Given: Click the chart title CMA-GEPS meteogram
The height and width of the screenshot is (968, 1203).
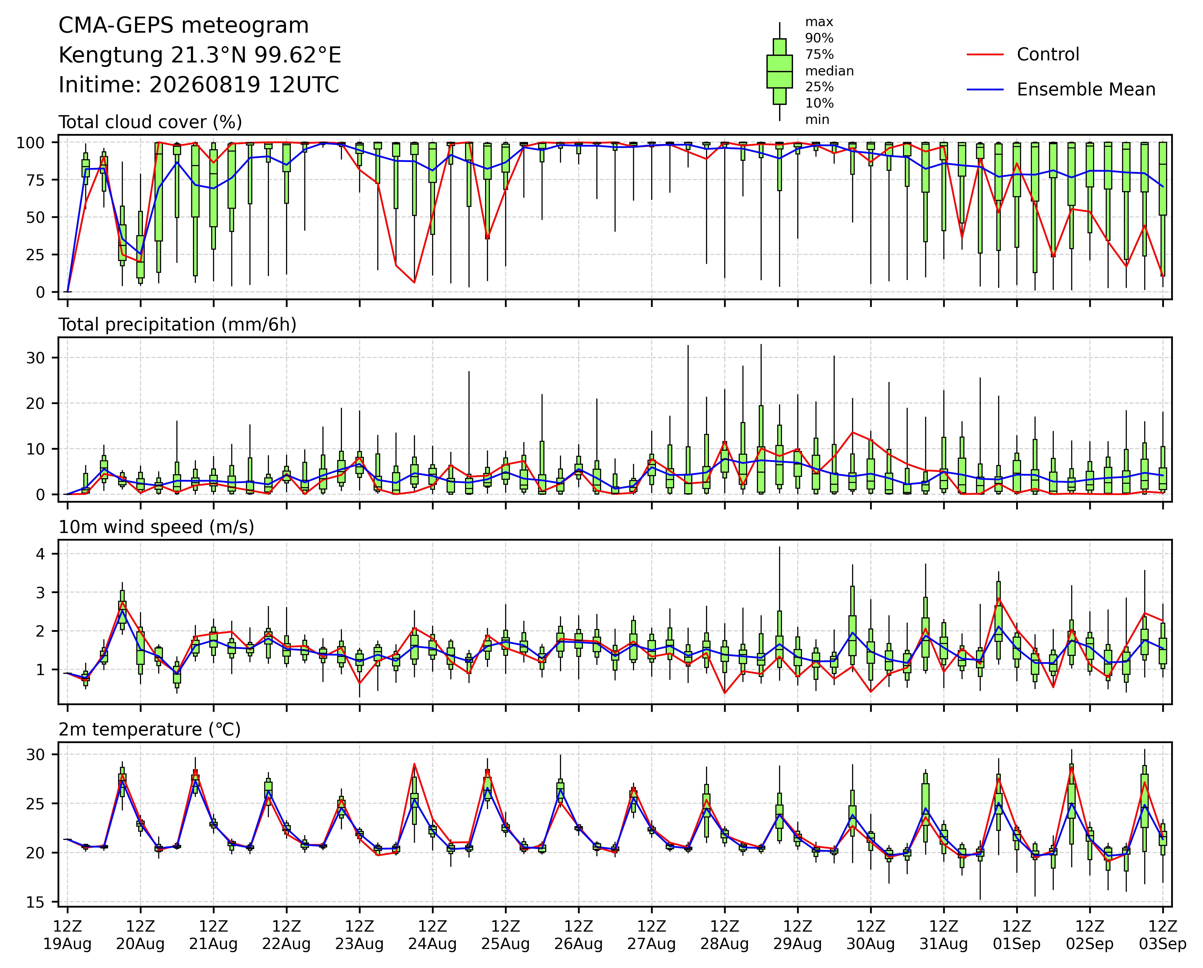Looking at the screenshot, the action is (x=183, y=26).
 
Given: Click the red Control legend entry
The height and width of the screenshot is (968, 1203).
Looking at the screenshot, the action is (x=1023, y=55).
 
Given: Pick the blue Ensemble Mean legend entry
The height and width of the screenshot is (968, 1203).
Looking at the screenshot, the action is (x=1061, y=90).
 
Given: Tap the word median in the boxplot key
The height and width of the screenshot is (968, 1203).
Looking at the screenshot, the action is (x=829, y=71).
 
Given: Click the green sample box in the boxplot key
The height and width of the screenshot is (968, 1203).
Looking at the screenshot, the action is (x=780, y=71).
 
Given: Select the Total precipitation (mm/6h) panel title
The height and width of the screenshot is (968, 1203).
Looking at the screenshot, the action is (x=177, y=325).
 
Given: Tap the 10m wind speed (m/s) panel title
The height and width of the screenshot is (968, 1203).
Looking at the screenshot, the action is (x=156, y=527).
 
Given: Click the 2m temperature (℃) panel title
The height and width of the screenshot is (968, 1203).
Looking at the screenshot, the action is (x=149, y=730).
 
